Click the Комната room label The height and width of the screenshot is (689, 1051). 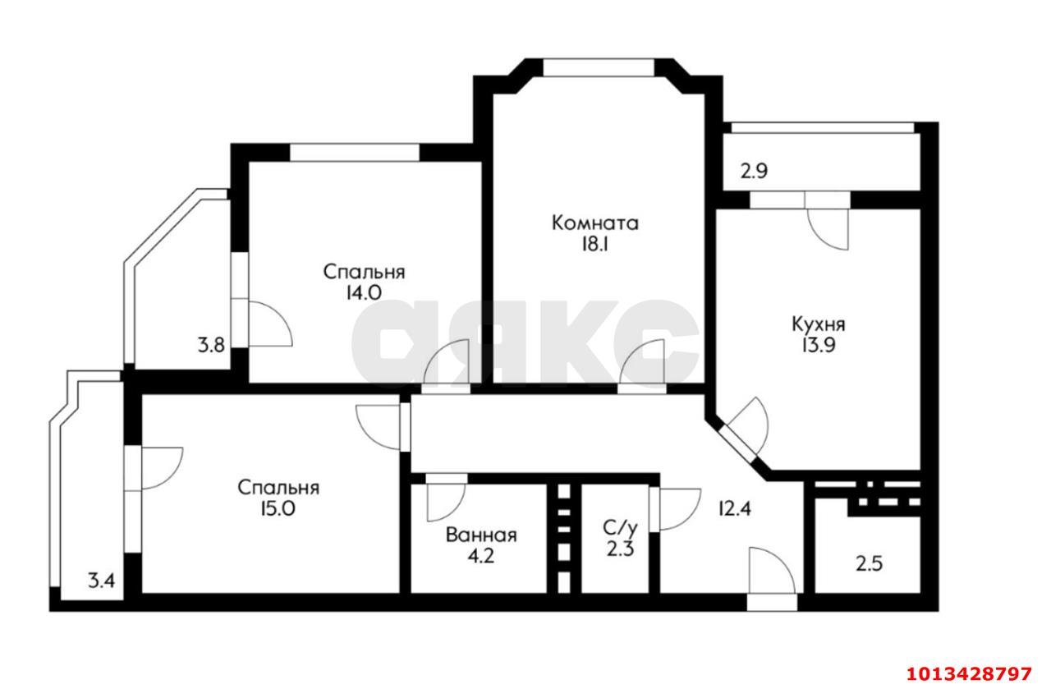pos(595,223)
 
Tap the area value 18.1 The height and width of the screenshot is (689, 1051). pos(595,244)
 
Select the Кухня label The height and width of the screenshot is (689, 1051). pos(818,324)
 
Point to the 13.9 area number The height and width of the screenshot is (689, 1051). pos(818,346)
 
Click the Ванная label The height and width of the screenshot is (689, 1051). pos(481,535)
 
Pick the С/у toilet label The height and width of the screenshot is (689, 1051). pos(619,526)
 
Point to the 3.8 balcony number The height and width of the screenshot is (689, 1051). pos(211,346)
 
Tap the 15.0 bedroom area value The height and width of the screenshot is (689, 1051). pos(278,509)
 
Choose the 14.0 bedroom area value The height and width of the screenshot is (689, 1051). pos(364,292)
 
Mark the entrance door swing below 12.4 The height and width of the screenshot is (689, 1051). pos(772,573)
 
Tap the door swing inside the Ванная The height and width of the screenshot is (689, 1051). pos(446,498)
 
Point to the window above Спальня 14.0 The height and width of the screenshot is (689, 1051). pos(355,153)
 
